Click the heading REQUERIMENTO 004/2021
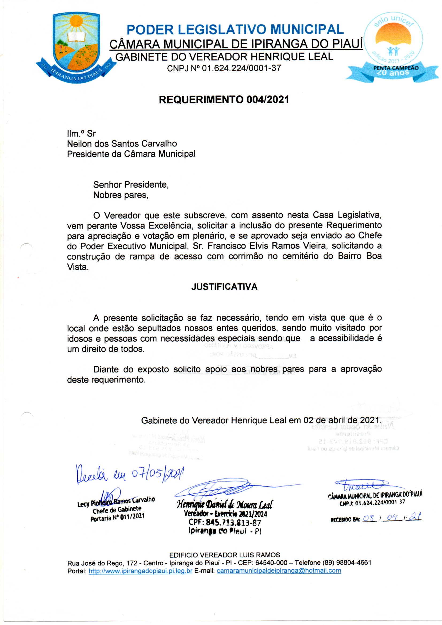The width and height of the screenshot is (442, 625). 224,100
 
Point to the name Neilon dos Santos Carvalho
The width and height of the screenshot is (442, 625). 122,144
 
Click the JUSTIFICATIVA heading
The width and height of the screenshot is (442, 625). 224,287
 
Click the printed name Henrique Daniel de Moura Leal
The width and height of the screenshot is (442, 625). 225,504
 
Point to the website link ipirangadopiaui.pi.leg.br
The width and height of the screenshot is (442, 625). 141,571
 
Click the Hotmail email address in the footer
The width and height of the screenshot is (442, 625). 279,571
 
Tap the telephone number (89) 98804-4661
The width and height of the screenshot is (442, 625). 347,563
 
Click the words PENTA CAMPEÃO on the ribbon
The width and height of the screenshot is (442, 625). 396,68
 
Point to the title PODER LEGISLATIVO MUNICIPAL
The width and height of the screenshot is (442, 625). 235,30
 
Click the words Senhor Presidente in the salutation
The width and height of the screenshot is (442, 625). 131,185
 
